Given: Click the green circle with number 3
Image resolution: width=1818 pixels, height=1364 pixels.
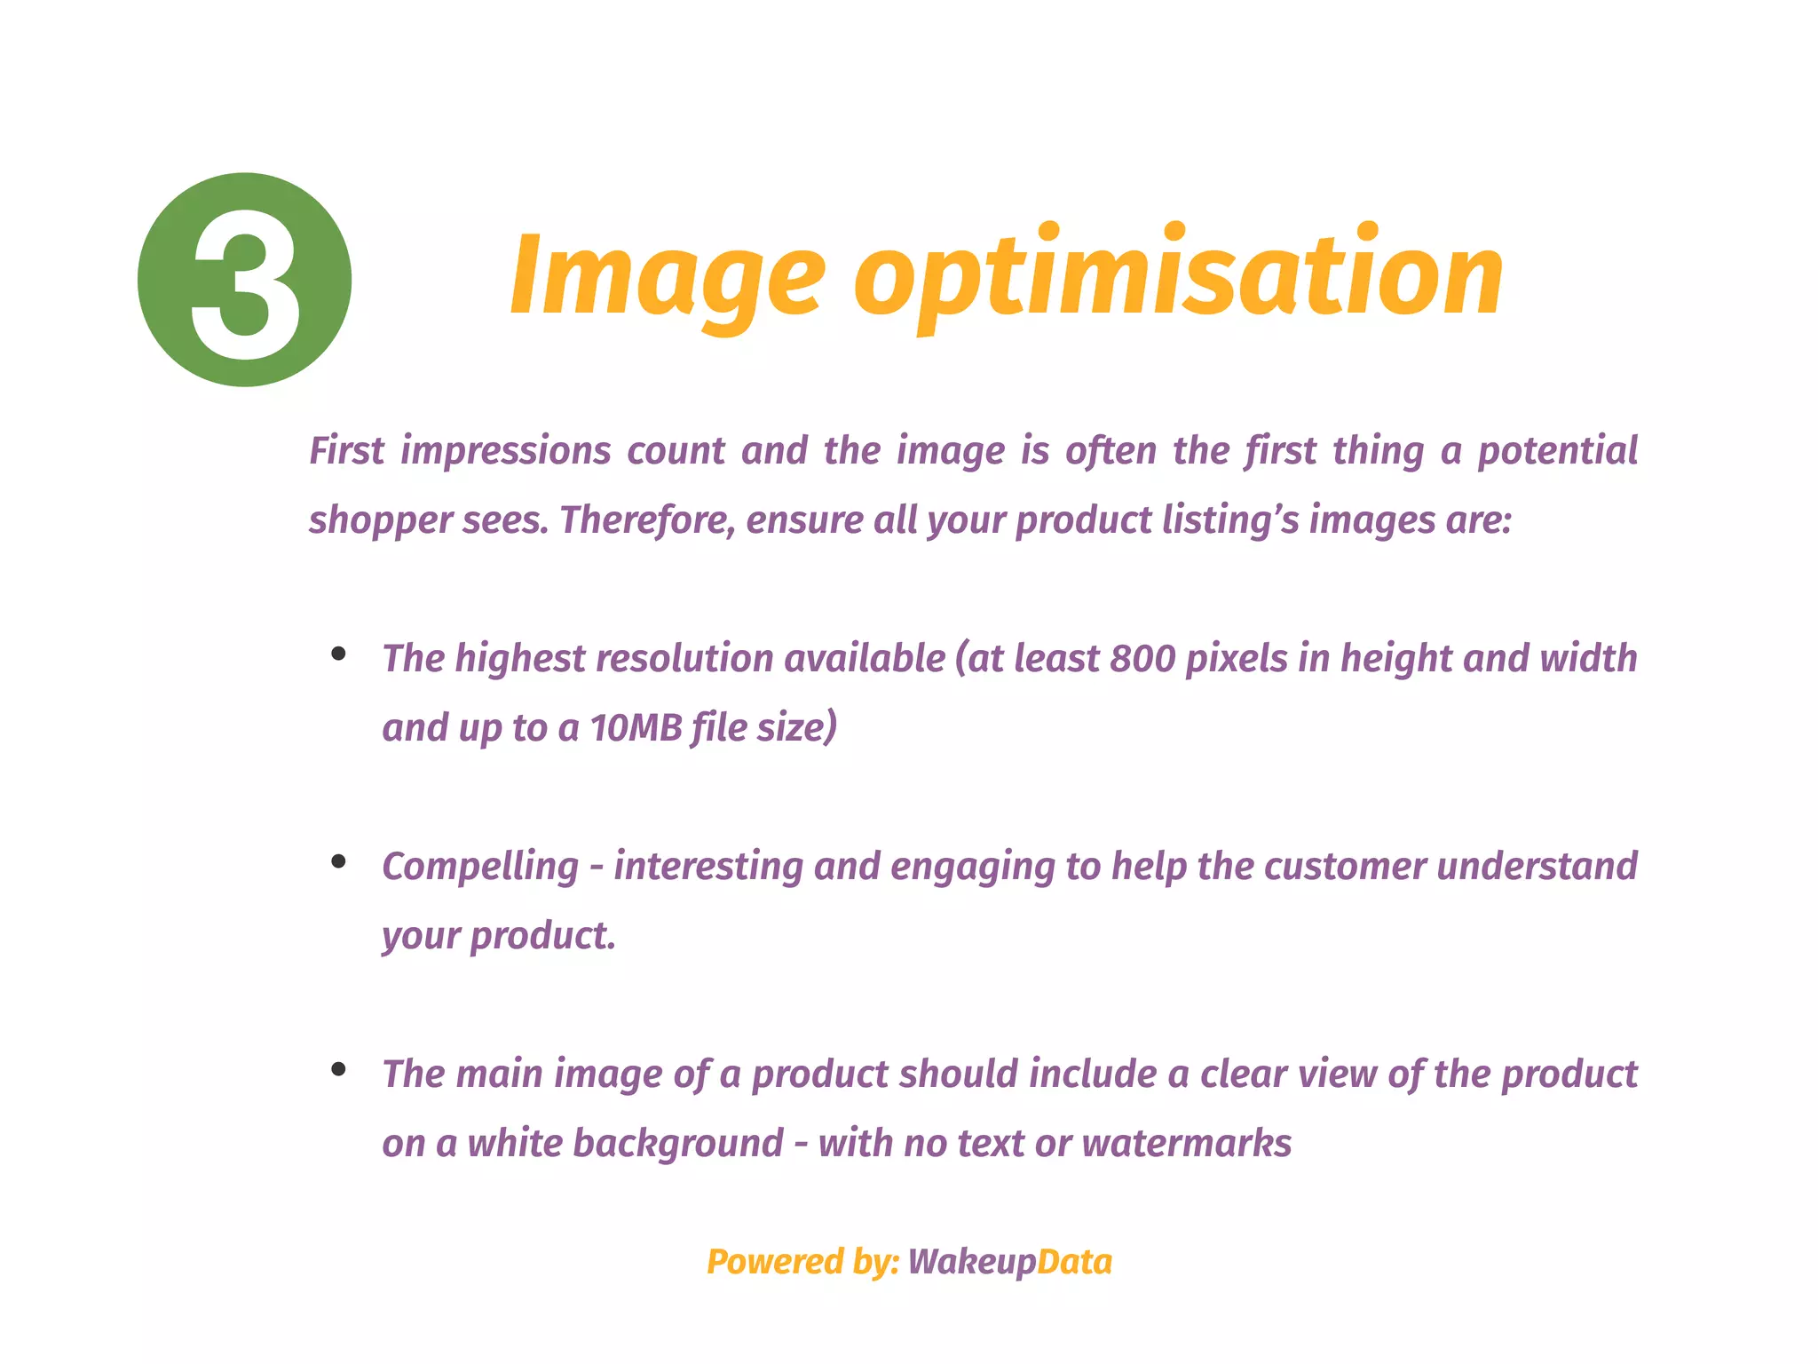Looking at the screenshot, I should coord(244,280).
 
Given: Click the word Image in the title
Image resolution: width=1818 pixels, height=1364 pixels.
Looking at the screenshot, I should coord(667,275).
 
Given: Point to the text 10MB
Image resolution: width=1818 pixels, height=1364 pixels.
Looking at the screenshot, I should coord(636,728).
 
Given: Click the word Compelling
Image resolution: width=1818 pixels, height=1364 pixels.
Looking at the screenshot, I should coord(480,867).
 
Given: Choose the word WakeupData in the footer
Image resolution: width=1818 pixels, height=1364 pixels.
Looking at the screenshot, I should coord(1009,1262).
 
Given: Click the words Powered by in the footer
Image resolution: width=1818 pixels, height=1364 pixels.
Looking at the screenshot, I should coord(803,1262).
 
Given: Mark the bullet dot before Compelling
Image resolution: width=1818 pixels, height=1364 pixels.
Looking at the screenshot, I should coord(338,861).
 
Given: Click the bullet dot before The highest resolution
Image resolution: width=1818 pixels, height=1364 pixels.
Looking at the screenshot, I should coord(338,654).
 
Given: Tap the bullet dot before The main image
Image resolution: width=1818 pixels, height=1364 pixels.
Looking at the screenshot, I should coord(338,1069).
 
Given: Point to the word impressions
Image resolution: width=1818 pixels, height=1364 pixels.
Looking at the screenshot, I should coord(505,451).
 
